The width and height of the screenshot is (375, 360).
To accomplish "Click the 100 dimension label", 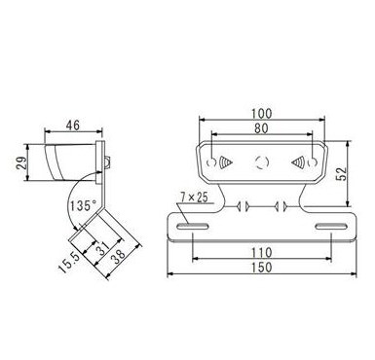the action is [x=261, y=114].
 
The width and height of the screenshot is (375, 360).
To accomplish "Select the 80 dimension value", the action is [x=261, y=128].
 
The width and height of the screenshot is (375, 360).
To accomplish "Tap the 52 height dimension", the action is [x=342, y=174].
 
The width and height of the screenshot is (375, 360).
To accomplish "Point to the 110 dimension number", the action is [x=262, y=252].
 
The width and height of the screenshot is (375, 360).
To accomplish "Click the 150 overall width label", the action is [x=262, y=268].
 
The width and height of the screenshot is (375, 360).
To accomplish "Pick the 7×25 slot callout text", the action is [x=194, y=198].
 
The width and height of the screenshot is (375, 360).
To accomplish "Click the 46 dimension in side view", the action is [x=73, y=126].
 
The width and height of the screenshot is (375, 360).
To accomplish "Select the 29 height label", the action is [x=21, y=163].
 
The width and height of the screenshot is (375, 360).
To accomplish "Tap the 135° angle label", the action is [x=84, y=205].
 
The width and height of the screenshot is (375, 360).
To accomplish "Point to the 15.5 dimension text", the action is [x=69, y=263].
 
